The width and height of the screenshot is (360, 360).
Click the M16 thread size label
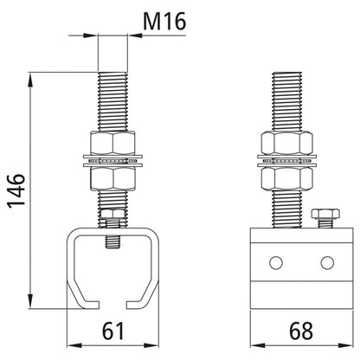pos(164,22)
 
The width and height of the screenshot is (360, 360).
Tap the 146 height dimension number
pos(16,190)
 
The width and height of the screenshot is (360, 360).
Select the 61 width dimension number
pos(113,331)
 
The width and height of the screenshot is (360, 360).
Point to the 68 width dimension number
pos(301,331)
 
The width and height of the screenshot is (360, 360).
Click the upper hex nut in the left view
pos(112,143)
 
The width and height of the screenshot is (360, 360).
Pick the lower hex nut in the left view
pos(112,179)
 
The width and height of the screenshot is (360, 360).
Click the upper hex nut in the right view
pos(287,143)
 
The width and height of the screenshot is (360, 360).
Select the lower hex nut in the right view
pos(287,179)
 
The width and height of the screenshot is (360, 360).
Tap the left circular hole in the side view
pos(276,262)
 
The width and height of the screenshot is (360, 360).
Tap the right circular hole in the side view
pos(327,262)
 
